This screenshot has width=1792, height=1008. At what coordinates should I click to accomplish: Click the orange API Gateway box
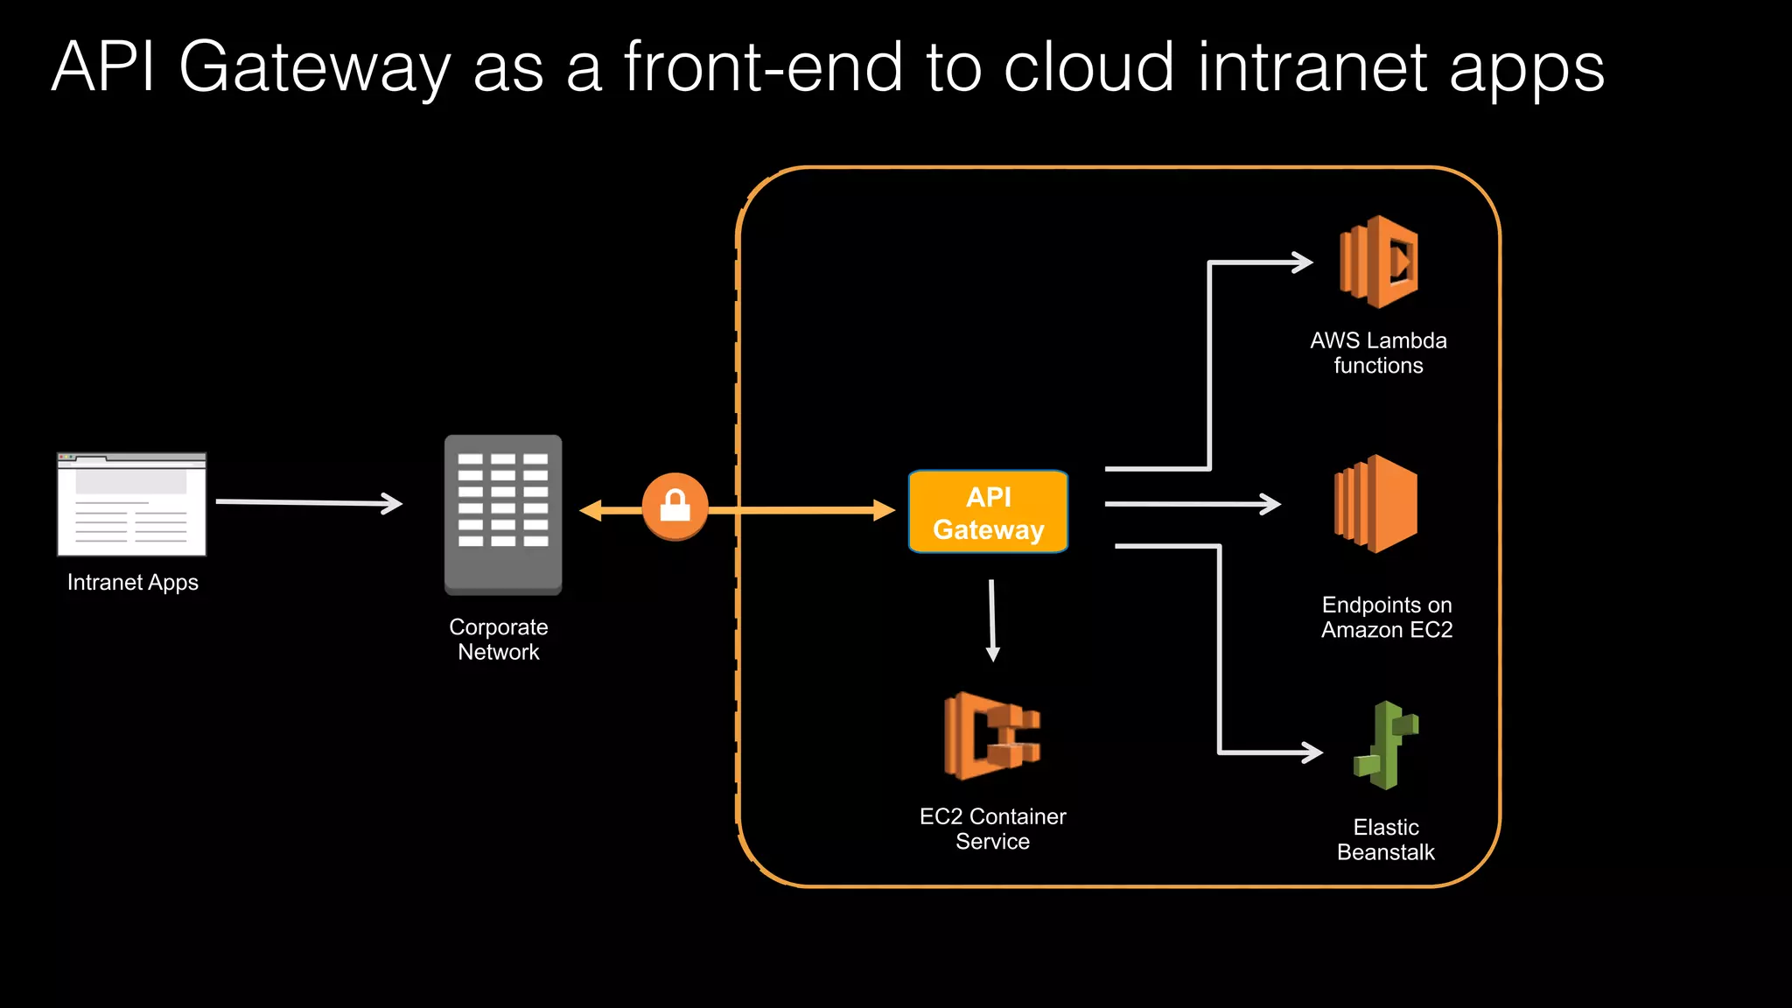tap(988, 512)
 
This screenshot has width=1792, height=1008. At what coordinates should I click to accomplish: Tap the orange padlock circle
tap(675, 507)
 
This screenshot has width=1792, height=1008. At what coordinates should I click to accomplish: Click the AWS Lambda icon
tap(1379, 262)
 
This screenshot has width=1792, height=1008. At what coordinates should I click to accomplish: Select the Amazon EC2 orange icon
tap(1376, 504)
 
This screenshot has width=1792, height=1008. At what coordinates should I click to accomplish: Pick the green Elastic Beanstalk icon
tap(1386, 745)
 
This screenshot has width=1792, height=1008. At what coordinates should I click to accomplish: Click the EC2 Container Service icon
tap(991, 736)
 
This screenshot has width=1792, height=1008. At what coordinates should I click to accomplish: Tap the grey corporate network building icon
tap(503, 514)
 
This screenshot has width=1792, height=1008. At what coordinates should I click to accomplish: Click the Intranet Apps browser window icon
tap(132, 505)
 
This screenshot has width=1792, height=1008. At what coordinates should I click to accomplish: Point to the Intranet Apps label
tap(133, 583)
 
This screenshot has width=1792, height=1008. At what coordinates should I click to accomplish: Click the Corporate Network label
tap(499, 640)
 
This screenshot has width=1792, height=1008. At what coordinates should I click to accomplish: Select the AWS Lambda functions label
tap(1378, 353)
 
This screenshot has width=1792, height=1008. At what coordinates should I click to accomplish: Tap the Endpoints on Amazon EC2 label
tap(1387, 617)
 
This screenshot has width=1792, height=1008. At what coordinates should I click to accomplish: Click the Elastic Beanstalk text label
tap(1386, 840)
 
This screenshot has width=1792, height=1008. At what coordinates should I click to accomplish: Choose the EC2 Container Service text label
tap(992, 829)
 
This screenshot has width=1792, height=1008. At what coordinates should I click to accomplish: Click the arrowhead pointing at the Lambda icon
tap(1304, 262)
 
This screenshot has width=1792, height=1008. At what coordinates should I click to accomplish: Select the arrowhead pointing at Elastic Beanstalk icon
tap(1312, 752)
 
